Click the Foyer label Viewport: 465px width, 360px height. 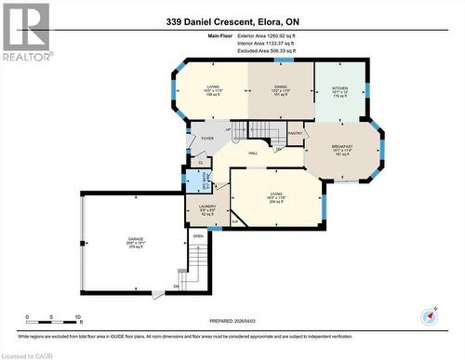coord(207,138)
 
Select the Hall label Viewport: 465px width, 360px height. coord(251,153)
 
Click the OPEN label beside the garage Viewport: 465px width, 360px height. coord(197,236)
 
